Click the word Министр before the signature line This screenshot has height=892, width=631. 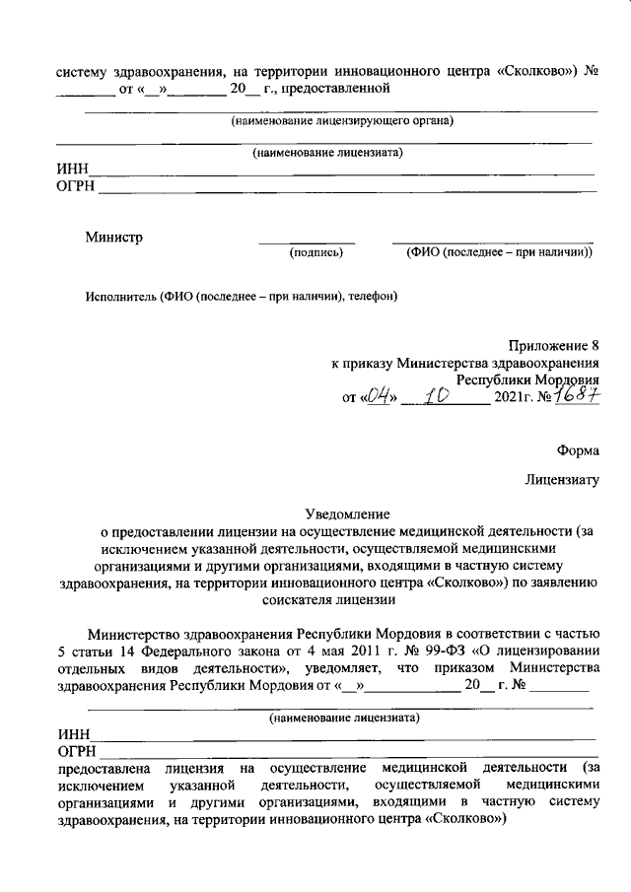(x=113, y=237)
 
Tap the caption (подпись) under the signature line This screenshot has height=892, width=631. (x=315, y=253)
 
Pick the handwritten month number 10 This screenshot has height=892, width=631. (x=436, y=396)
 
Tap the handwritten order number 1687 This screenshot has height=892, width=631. (x=575, y=395)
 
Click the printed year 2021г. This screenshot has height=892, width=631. (x=513, y=398)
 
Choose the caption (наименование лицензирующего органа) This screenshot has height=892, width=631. (x=341, y=121)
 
